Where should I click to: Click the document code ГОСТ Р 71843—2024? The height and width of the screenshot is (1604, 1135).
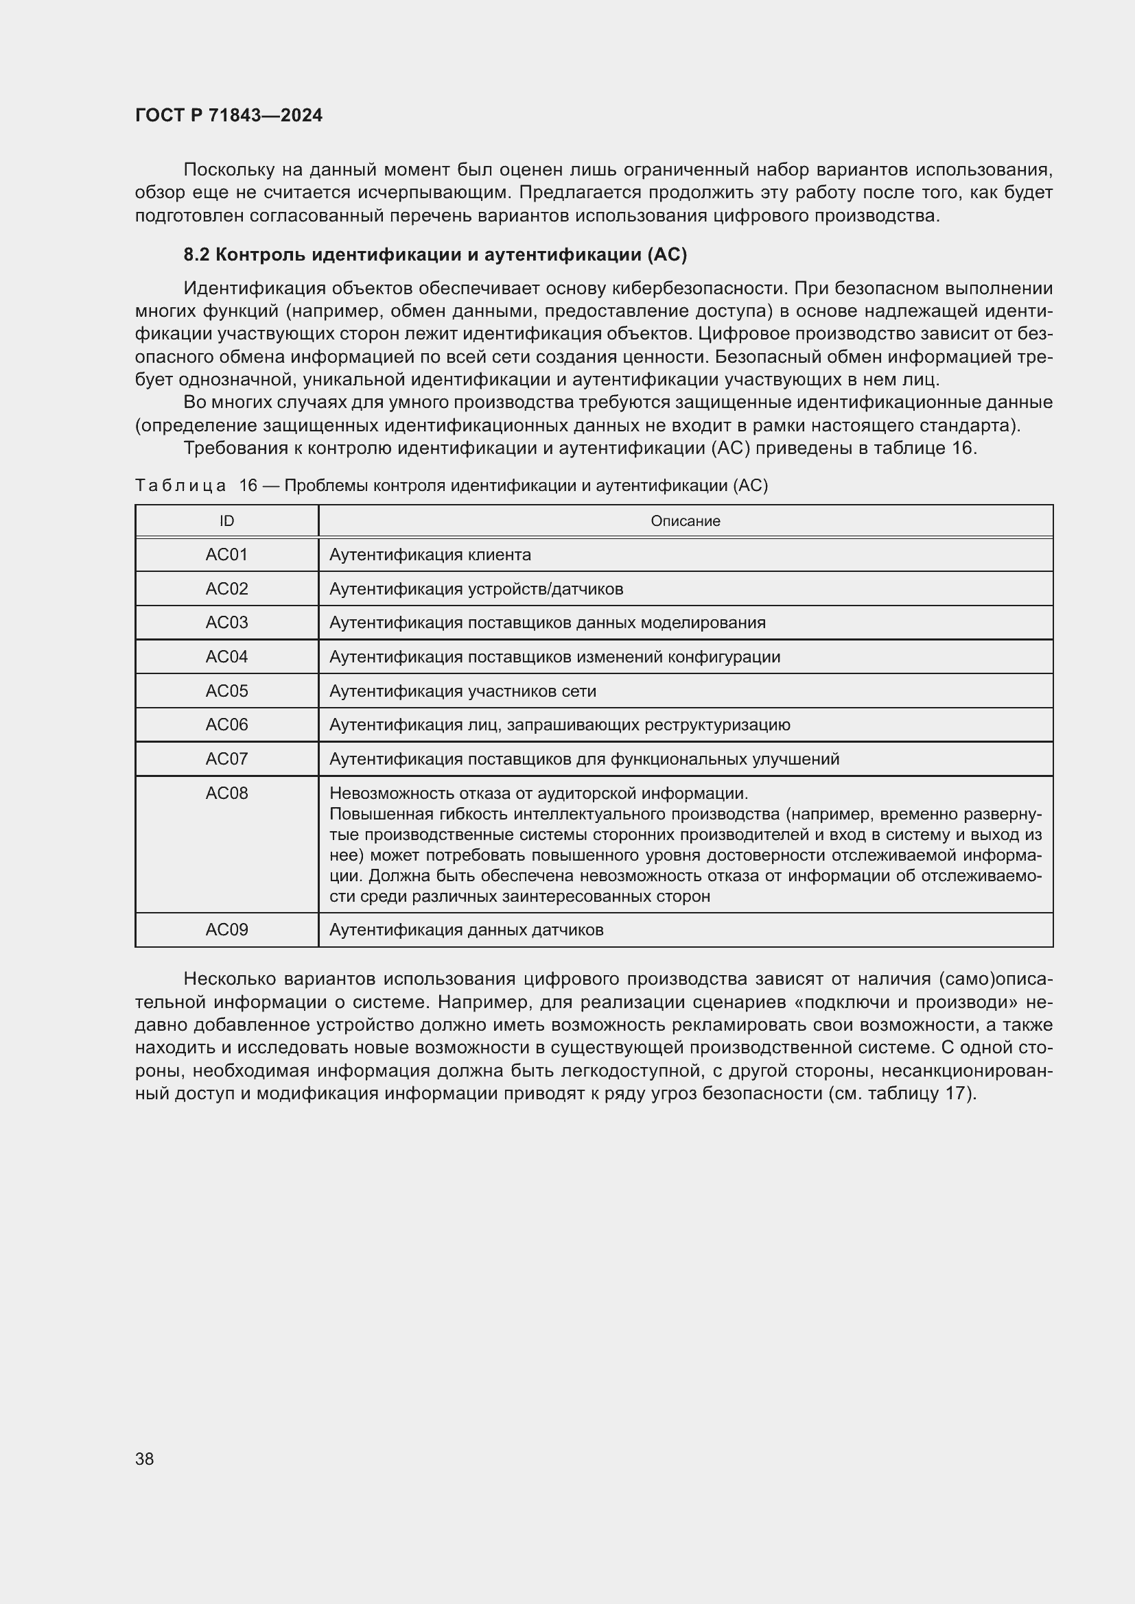point(229,115)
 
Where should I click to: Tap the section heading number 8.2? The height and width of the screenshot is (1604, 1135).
point(196,255)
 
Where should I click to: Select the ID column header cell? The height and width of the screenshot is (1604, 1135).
point(226,520)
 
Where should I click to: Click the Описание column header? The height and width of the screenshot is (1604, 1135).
point(685,520)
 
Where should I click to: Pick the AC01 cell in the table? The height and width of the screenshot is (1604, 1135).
point(226,555)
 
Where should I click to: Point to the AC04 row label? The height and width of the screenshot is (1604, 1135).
point(226,657)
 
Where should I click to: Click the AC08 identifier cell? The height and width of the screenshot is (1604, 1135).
point(226,793)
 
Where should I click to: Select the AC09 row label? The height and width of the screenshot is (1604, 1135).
point(226,930)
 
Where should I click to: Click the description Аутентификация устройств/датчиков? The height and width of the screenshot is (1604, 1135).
point(476,589)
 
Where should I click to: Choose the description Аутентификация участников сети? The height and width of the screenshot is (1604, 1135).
point(463,691)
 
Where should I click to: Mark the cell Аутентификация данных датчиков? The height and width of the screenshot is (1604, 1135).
point(466,930)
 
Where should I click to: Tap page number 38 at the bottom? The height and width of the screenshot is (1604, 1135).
point(145,1459)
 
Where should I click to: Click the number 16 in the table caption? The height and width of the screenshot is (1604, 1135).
point(248,486)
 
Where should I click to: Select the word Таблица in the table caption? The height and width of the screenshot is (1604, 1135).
point(180,486)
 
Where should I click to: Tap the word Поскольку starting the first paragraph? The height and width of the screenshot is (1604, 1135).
point(226,170)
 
